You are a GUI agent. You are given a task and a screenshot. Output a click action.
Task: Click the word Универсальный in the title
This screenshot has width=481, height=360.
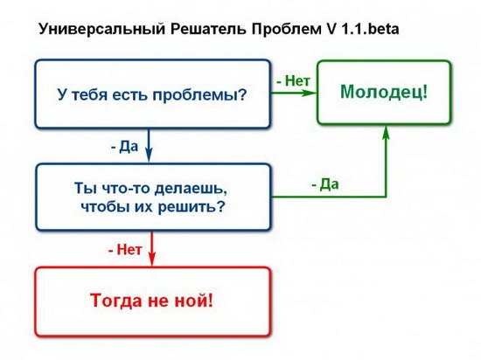(102, 30)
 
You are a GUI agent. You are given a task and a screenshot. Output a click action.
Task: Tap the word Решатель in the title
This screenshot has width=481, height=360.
(208, 30)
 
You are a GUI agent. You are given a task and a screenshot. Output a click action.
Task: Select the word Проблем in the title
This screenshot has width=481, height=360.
(286, 30)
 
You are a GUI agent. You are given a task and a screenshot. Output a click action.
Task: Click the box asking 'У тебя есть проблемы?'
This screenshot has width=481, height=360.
(152, 93)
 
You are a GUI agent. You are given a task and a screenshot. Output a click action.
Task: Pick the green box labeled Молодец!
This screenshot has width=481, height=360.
(384, 93)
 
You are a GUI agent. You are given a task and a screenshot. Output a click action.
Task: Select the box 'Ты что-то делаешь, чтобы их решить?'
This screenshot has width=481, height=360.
(153, 197)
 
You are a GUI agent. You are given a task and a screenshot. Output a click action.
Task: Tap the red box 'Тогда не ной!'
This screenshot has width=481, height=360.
(153, 301)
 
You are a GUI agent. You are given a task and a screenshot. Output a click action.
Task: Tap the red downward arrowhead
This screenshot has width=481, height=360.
(152, 259)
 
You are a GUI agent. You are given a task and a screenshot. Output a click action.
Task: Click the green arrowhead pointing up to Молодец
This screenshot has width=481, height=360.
(387, 132)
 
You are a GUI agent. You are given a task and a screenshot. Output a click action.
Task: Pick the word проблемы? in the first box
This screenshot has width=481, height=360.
(199, 95)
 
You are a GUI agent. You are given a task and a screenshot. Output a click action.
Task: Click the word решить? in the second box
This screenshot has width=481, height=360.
(192, 207)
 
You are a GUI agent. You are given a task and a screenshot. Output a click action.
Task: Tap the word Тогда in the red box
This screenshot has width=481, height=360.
(116, 301)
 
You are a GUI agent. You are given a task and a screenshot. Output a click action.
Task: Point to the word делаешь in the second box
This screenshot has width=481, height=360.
(191, 189)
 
